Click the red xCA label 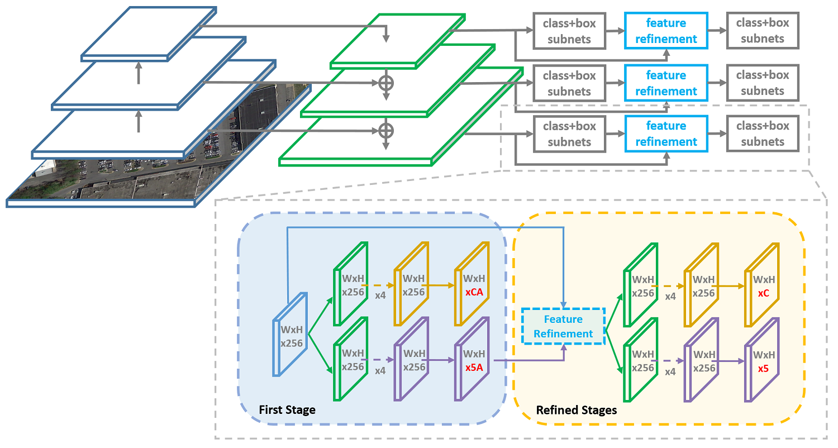pyautogui.click(x=474, y=292)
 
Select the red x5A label pyautogui.click(x=474, y=368)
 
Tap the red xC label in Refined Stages pyautogui.click(x=764, y=293)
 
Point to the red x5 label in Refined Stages pyautogui.click(x=763, y=369)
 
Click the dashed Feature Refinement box pyautogui.click(x=563, y=326)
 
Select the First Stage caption pyautogui.click(x=287, y=410)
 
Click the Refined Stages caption pyautogui.click(x=577, y=410)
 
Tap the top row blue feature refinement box pyautogui.click(x=666, y=31)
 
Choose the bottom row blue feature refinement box pyautogui.click(x=666, y=134)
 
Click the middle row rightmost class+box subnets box pyautogui.click(x=763, y=83)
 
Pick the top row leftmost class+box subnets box pyautogui.click(x=569, y=31)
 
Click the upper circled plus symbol pyautogui.click(x=386, y=83)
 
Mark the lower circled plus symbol pyautogui.click(x=386, y=131)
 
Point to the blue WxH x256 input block pyautogui.click(x=290, y=334)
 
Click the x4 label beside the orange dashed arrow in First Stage pyautogui.click(x=380, y=296)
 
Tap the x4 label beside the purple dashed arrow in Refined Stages pyautogui.click(x=670, y=371)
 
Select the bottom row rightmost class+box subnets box pyautogui.click(x=763, y=134)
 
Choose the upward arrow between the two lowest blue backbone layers pyautogui.click(x=139, y=121)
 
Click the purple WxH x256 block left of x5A pyautogui.click(x=411, y=359)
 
